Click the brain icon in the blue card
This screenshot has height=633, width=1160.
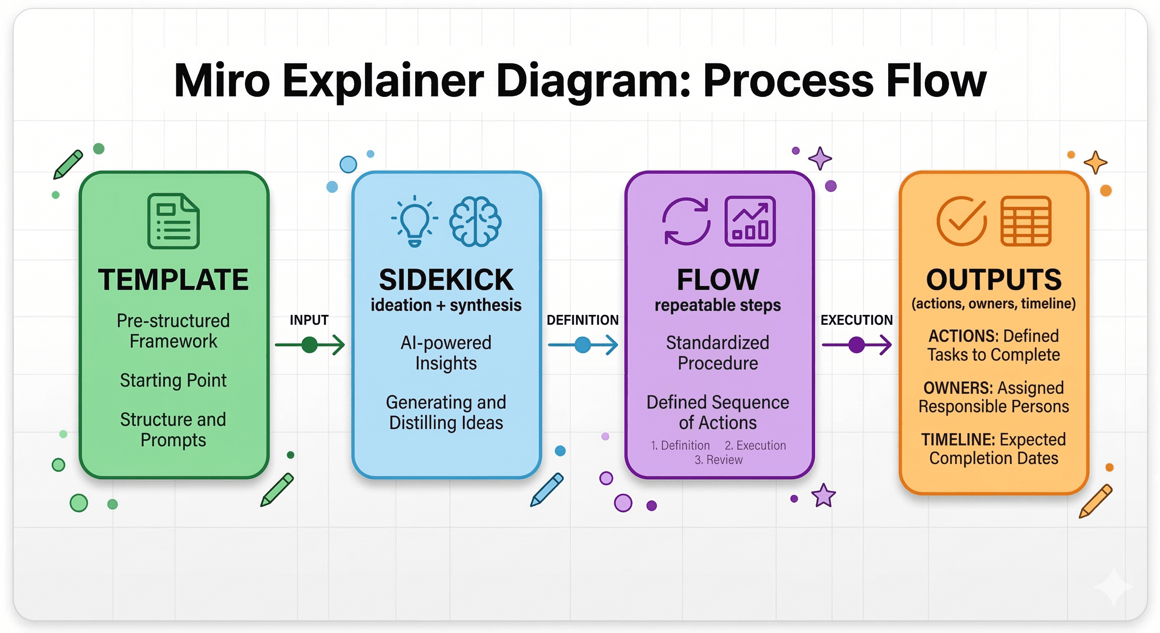point(475,221)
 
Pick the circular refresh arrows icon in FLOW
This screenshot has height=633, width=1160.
point(686,221)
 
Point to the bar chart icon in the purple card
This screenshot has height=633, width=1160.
point(750,221)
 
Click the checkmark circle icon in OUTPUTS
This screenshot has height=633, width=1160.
point(961,221)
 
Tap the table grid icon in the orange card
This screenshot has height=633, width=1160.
point(1026,221)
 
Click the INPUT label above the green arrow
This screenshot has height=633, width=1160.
point(309,320)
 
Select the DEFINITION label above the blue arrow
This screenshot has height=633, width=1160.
point(582,320)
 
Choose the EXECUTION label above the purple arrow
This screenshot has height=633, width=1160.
point(856,320)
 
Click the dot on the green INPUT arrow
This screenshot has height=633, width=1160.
point(309,345)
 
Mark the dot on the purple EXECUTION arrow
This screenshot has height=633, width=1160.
point(856,345)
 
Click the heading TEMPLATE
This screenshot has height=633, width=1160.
point(173,280)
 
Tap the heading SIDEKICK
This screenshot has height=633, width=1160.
point(446,280)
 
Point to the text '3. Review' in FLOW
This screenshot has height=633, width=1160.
point(718,460)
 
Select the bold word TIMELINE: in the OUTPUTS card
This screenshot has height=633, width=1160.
point(953,439)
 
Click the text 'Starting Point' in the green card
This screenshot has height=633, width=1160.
point(173,381)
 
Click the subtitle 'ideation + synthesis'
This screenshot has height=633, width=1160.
point(446,305)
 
